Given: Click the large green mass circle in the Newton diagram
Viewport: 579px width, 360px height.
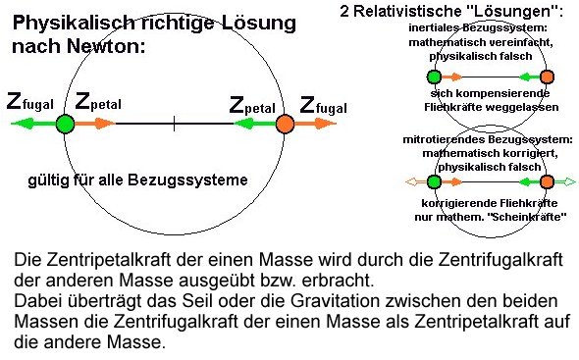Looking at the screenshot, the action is [x=65, y=124].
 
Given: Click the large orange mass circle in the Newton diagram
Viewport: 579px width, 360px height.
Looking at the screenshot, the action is [x=286, y=124].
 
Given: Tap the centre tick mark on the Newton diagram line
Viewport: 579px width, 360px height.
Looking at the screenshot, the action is [x=175, y=124].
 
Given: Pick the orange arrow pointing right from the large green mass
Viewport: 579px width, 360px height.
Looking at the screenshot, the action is [x=96, y=124].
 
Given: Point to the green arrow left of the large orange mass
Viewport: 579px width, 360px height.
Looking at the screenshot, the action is [x=253, y=124].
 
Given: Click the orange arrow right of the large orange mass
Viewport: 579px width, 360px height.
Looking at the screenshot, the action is [x=318, y=124].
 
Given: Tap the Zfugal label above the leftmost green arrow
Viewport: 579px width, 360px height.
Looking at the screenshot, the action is [x=31, y=102].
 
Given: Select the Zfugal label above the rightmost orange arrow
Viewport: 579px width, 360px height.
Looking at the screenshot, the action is [x=323, y=103].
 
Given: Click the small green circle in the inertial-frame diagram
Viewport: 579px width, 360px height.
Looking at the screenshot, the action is [x=434, y=77].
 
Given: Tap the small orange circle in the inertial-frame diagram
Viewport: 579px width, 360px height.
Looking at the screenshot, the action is [x=547, y=77].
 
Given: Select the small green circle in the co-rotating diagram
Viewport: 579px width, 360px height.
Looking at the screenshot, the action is [x=434, y=181].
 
